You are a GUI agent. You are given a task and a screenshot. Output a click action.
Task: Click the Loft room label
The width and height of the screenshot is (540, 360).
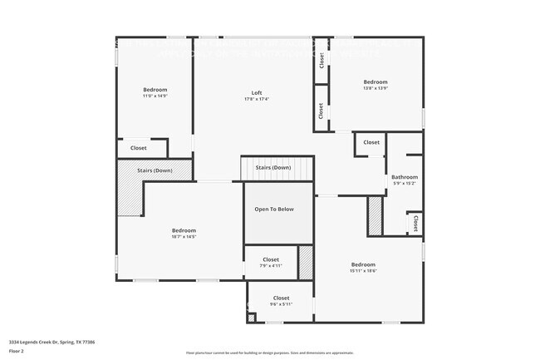(257, 92)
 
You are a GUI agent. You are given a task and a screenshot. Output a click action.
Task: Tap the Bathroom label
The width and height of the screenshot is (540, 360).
(405, 177)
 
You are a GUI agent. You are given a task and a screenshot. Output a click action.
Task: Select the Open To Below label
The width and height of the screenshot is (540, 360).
(274, 210)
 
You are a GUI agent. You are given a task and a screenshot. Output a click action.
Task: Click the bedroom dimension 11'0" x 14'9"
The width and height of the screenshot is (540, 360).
(155, 96)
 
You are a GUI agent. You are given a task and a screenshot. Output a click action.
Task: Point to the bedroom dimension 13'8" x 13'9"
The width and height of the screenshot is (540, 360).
(376, 88)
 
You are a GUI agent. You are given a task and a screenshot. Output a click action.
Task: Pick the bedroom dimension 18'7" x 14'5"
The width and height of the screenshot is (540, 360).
(184, 237)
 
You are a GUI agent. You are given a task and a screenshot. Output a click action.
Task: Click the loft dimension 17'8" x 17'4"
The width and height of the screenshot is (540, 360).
(257, 99)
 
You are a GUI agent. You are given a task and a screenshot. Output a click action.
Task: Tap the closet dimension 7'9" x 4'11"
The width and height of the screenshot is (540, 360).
(271, 266)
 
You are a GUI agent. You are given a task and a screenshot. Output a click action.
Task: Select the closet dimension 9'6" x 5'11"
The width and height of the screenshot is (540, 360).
(281, 304)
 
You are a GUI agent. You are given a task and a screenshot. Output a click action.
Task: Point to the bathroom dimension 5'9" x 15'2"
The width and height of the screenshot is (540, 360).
(405, 184)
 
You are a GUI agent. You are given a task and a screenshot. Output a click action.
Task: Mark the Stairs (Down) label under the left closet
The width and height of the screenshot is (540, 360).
(155, 170)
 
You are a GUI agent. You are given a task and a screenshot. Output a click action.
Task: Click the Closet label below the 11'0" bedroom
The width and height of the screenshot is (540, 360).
(138, 149)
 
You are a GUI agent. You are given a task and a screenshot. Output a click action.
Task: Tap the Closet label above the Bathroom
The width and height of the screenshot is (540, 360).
(371, 142)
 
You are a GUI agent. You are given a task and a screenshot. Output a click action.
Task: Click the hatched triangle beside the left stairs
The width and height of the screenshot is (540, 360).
(129, 190)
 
